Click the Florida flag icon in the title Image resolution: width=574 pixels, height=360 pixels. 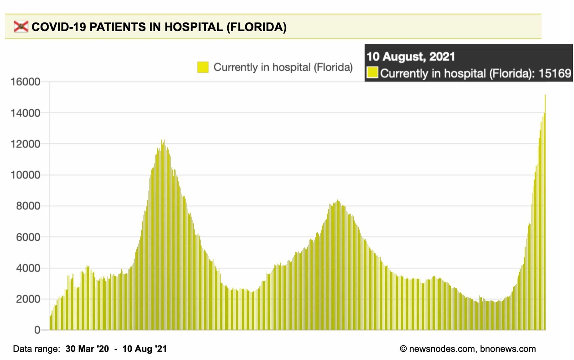pos(21,27)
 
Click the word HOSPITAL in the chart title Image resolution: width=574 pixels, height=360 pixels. pos(193,27)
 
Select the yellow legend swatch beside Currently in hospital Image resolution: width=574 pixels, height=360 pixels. pos(203,67)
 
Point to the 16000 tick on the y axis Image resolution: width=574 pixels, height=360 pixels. pos(25,82)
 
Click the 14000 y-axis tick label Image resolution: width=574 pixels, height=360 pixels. pos(25,113)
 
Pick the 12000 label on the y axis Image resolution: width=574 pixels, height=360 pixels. pos(25,144)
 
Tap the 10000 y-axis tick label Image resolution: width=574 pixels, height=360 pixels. pos(25,175)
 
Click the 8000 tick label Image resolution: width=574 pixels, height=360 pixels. pos(28,206)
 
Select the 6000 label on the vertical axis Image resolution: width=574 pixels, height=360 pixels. pos(28,237)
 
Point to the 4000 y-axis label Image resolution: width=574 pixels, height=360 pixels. pos(28,268)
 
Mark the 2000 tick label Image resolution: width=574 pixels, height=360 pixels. pos(28,299)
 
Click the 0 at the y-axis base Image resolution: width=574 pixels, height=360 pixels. pos(37,330)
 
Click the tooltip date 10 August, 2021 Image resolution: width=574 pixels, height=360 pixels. pos(411,56)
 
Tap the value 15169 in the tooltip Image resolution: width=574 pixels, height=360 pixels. pos(555,73)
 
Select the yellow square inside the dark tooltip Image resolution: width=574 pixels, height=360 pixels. pos(372,73)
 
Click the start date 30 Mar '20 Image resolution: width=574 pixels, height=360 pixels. pos(87,349)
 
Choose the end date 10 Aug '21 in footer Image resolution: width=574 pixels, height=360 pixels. pos(144,349)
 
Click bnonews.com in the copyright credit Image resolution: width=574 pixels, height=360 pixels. pos(508,349)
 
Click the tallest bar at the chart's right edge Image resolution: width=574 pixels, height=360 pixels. pos(545,210)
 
